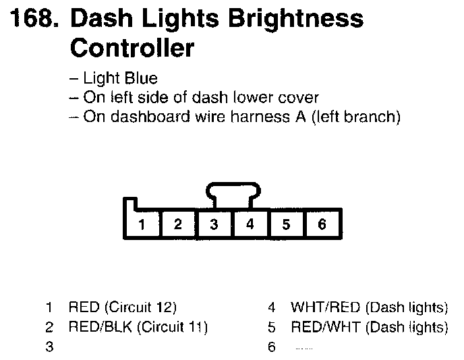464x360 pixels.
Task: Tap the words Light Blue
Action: tap(118, 80)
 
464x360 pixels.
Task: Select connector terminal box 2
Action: tap(177, 225)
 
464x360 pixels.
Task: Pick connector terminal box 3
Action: tap(214, 225)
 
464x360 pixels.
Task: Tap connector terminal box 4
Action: tap(250, 225)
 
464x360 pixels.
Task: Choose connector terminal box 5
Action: tap(287, 225)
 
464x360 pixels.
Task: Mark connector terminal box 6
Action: tap(322, 225)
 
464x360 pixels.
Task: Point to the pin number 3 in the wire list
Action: tap(49, 348)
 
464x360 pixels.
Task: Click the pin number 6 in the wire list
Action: tap(271, 348)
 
